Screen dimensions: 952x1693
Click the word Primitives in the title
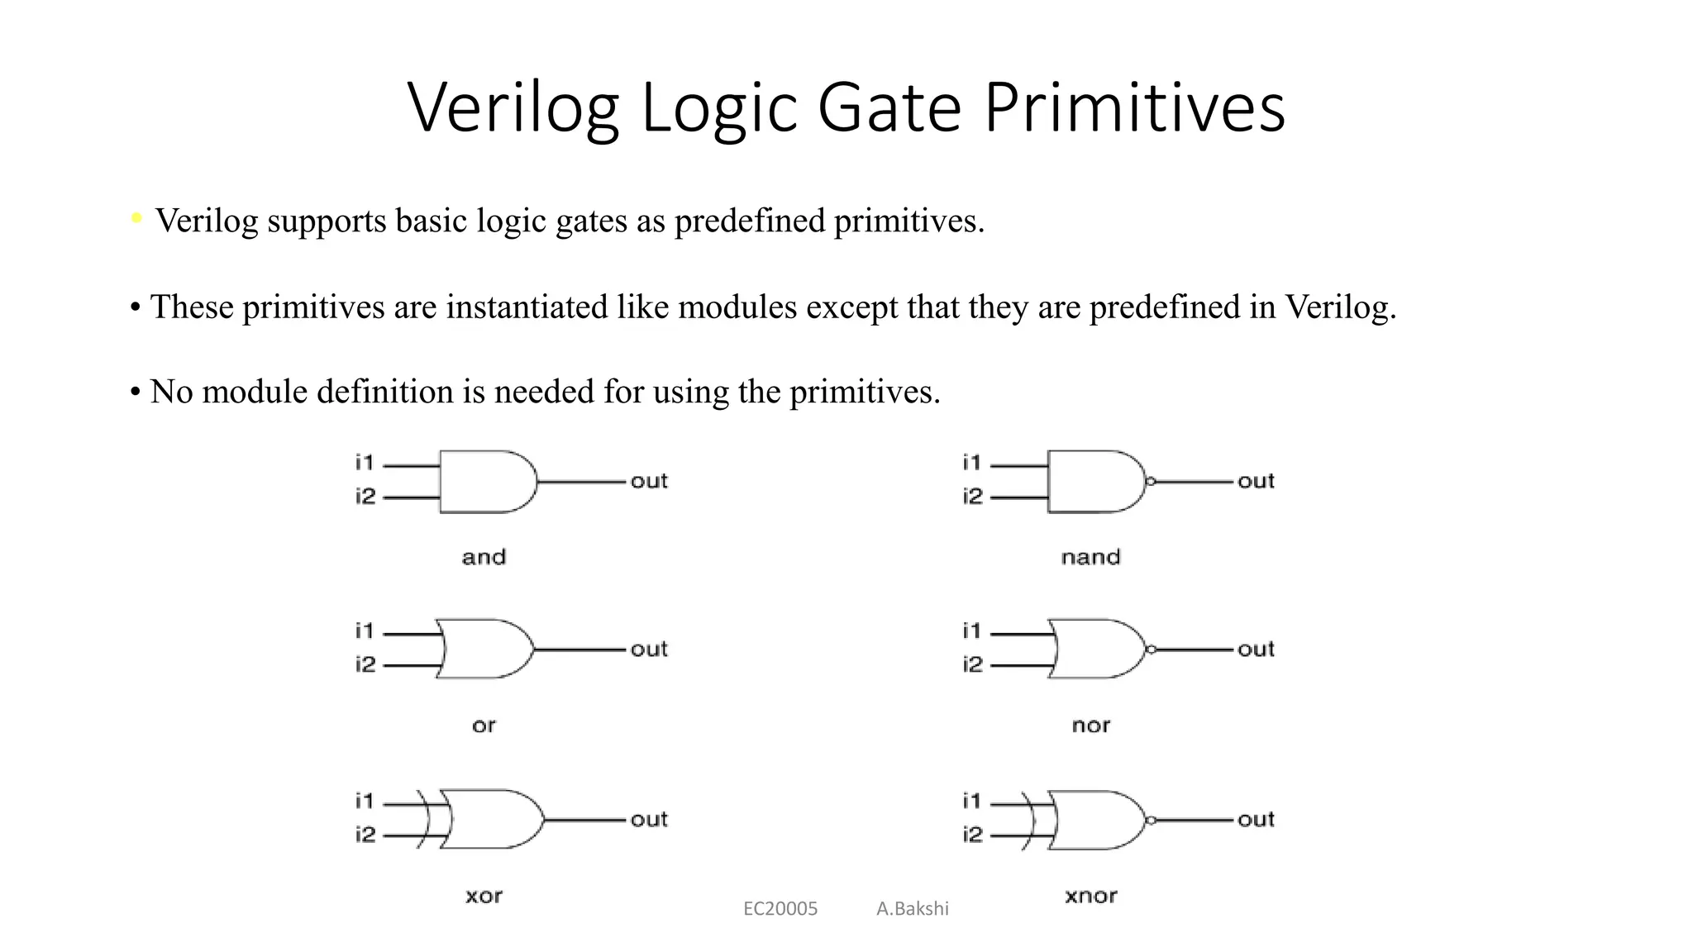pos(1134,107)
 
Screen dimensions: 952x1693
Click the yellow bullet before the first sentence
pos(137,218)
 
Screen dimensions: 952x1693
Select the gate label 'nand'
pos(1090,557)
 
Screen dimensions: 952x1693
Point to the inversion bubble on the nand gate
pos(1150,482)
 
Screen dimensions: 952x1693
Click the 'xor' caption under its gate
pos(484,896)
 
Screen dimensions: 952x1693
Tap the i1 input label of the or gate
pos(365,631)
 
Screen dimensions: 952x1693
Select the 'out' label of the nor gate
pos(1256,650)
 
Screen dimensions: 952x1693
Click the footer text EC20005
pos(780,909)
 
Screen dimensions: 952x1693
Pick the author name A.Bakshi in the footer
pos(913,909)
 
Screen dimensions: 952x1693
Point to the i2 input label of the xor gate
pos(365,835)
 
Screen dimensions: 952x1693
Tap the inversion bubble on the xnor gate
pos(1150,821)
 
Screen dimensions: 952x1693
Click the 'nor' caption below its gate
pos(1090,726)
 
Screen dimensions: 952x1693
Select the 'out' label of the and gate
pos(649,481)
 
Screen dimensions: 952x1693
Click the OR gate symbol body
pos(484,650)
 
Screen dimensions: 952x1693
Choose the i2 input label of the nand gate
pos(973,497)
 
